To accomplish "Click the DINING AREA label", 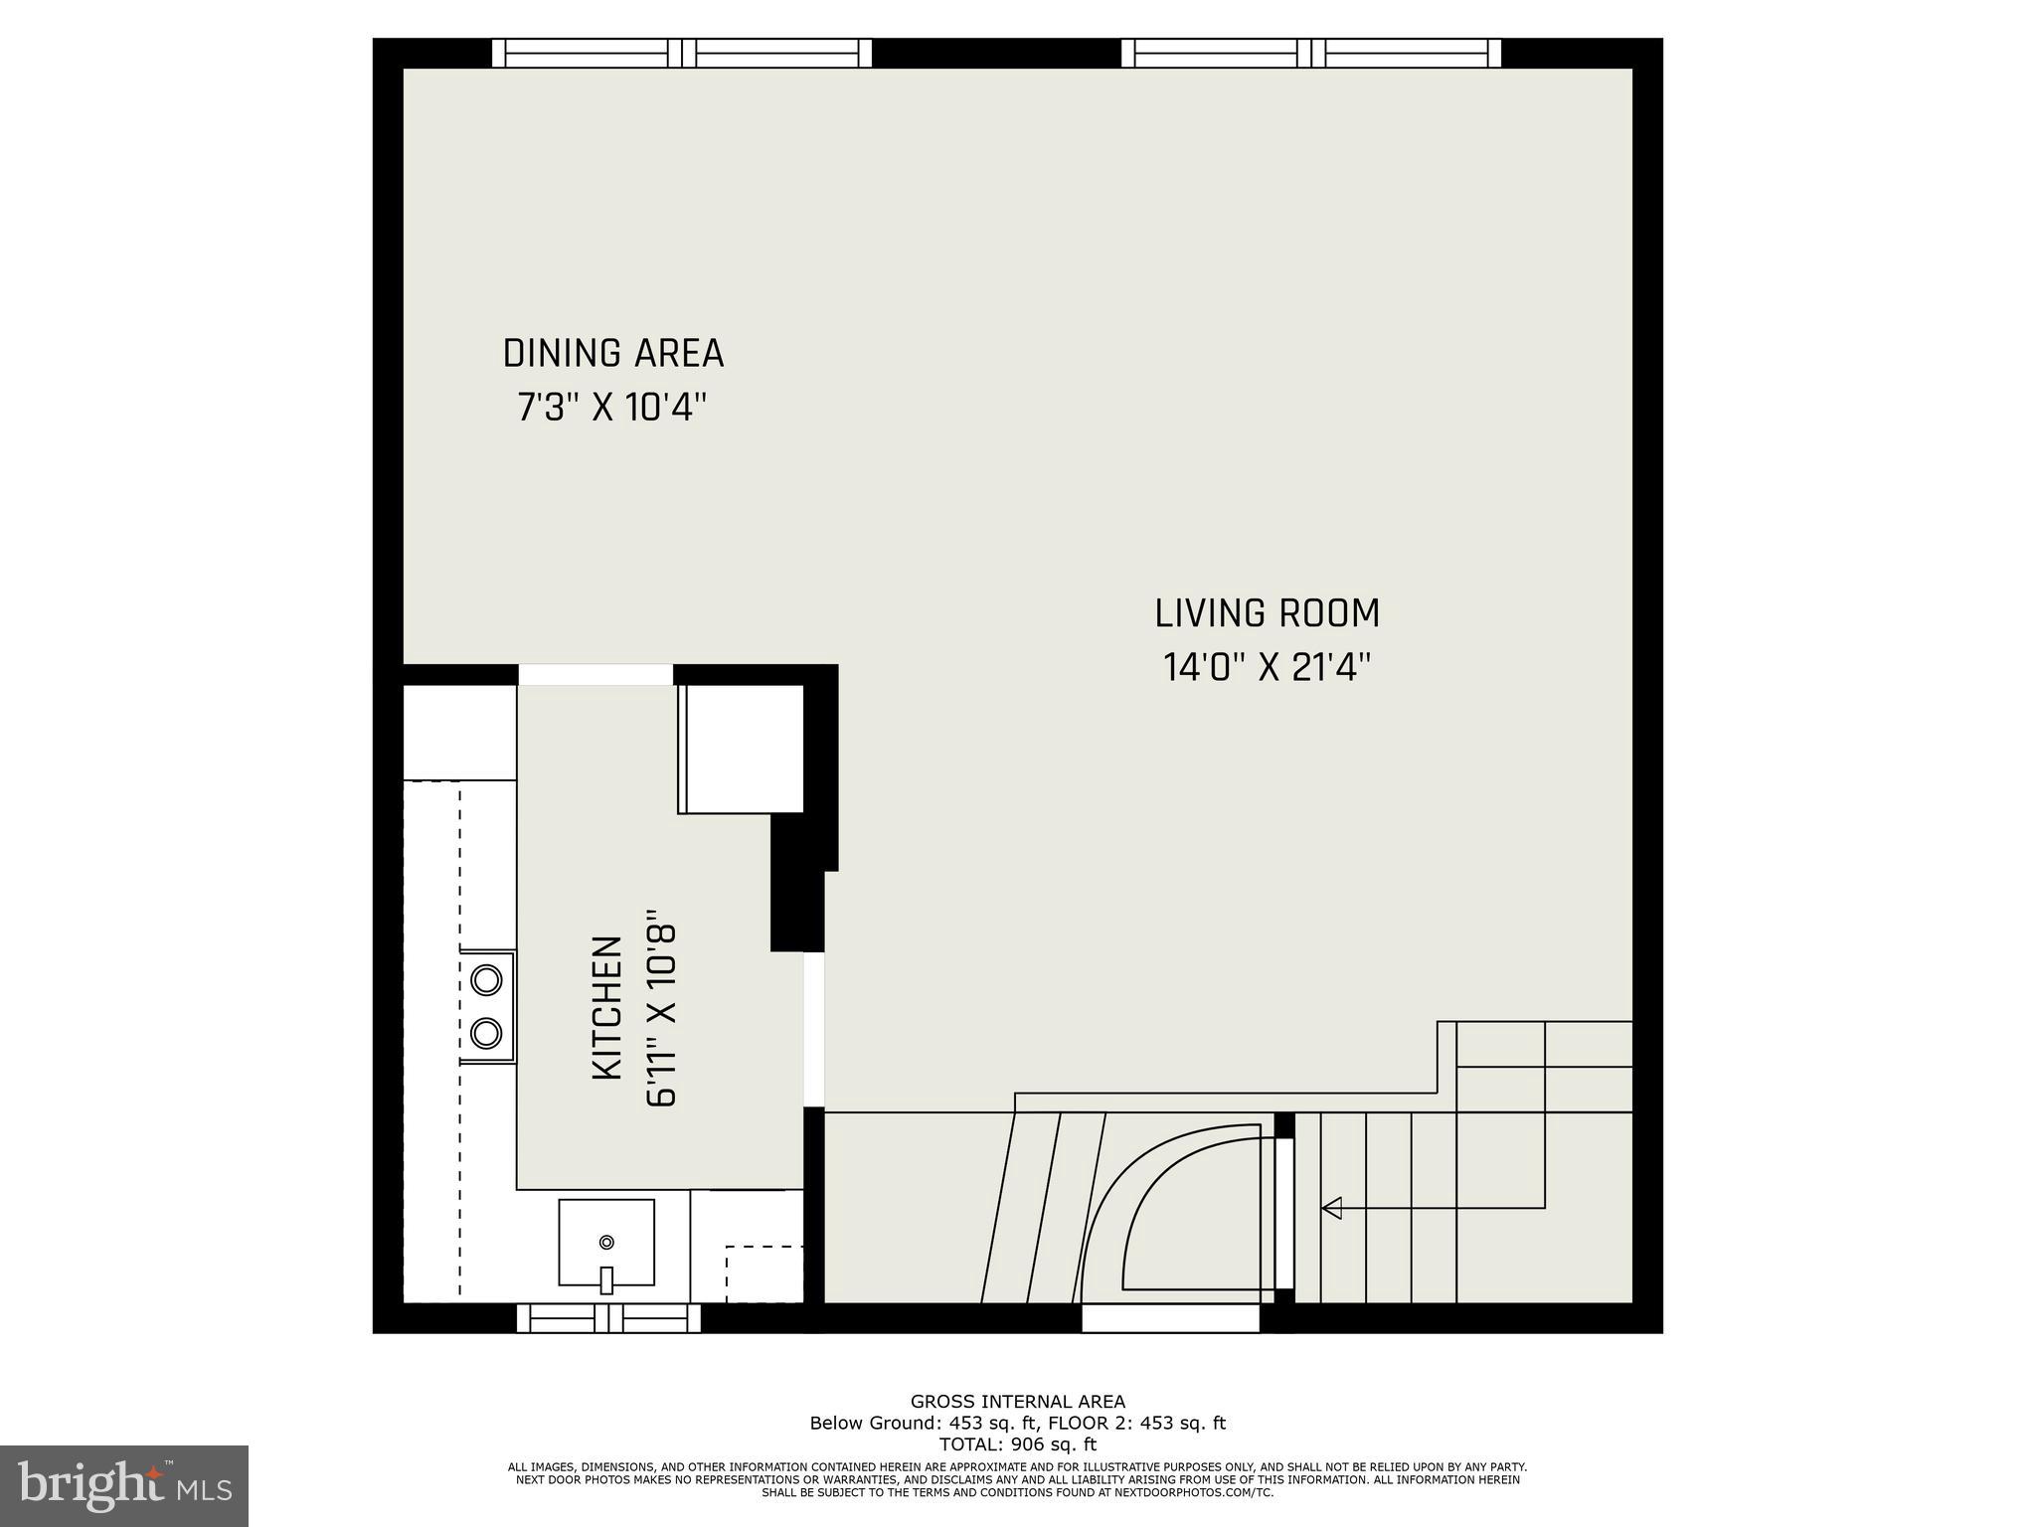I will point(612,354).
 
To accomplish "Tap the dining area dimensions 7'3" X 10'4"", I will point(612,408).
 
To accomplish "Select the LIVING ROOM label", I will point(1267,613).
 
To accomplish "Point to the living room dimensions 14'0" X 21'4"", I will point(1267,667).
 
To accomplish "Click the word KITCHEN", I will point(607,1008).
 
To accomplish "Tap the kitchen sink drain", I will point(606,1242).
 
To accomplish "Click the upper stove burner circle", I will point(486,980).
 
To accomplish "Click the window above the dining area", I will point(682,53).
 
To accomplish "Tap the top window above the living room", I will point(1311,53).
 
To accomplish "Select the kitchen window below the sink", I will point(608,1318).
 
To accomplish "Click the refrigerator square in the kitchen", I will point(742,749).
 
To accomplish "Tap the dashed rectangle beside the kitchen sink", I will point(763,1273).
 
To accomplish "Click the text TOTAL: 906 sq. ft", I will point(1017,1444).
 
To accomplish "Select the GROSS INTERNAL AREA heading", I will point(1017,1402).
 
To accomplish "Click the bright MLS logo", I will point(124,1484).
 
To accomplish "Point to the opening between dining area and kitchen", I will point(595,674).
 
